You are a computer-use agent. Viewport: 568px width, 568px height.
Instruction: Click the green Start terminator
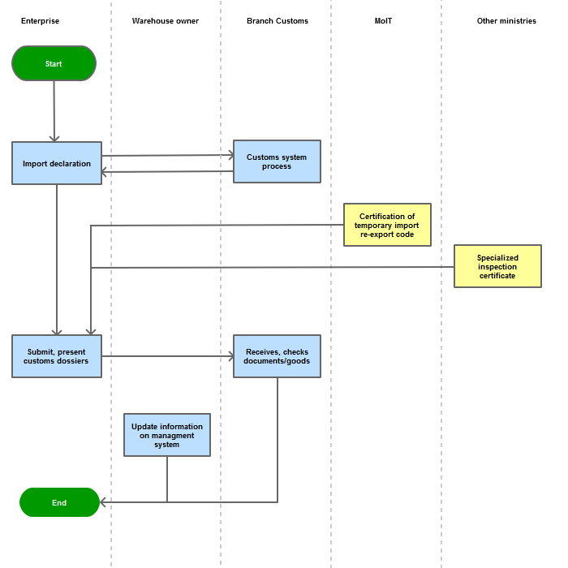tap(54, 63)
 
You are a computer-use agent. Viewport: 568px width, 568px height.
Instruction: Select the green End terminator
tap(59, 502)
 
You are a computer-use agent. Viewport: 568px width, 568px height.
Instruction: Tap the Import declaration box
tap(57, 163)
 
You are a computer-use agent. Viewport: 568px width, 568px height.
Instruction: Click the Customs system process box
tap(278, 161)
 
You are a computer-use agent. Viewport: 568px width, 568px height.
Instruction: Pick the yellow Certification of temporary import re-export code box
tap(387, 225)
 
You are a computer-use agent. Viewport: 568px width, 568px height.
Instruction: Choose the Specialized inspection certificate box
tap(497, 266)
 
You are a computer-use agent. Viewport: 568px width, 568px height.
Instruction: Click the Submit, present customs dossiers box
tap(57, 356)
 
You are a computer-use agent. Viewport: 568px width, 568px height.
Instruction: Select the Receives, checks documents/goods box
tap(278, 356)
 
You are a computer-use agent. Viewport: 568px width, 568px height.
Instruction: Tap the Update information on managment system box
tap(167, 435)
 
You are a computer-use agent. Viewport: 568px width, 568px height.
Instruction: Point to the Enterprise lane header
tap(41, 21)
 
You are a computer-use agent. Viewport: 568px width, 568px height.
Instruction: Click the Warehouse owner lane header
tap(166, 21)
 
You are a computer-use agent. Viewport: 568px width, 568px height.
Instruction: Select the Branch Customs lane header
tap(278, 21)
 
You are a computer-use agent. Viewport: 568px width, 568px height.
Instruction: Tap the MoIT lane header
tap(383, 21)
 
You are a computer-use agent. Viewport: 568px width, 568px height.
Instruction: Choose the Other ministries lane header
tap(506, 21)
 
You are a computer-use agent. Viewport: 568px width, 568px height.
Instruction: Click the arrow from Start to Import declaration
tap(54, 111)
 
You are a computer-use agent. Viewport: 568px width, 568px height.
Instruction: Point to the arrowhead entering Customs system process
tap(231, 156)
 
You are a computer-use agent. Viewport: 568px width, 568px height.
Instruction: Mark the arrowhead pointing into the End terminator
tap(102, 502)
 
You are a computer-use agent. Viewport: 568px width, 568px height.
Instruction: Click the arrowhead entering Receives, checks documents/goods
tap(231, 356)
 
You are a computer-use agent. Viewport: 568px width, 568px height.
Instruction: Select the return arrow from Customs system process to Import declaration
tap(167, 172)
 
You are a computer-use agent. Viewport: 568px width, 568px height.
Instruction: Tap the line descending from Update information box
tap(167, 479)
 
